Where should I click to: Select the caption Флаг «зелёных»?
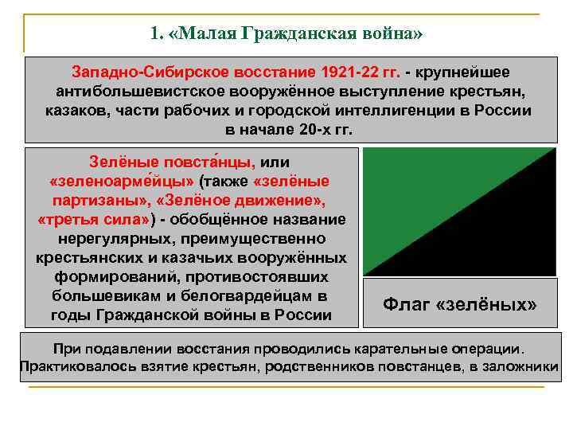click(460, 305)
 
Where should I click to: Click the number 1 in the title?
click(154, 34)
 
